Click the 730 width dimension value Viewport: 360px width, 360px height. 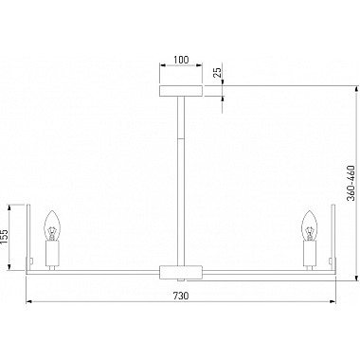tap(180, 295)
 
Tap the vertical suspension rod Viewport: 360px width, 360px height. tap(180, 180)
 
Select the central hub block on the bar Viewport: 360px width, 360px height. tap(180, 273)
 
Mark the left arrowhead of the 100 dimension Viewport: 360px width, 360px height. tap(162, 68)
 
